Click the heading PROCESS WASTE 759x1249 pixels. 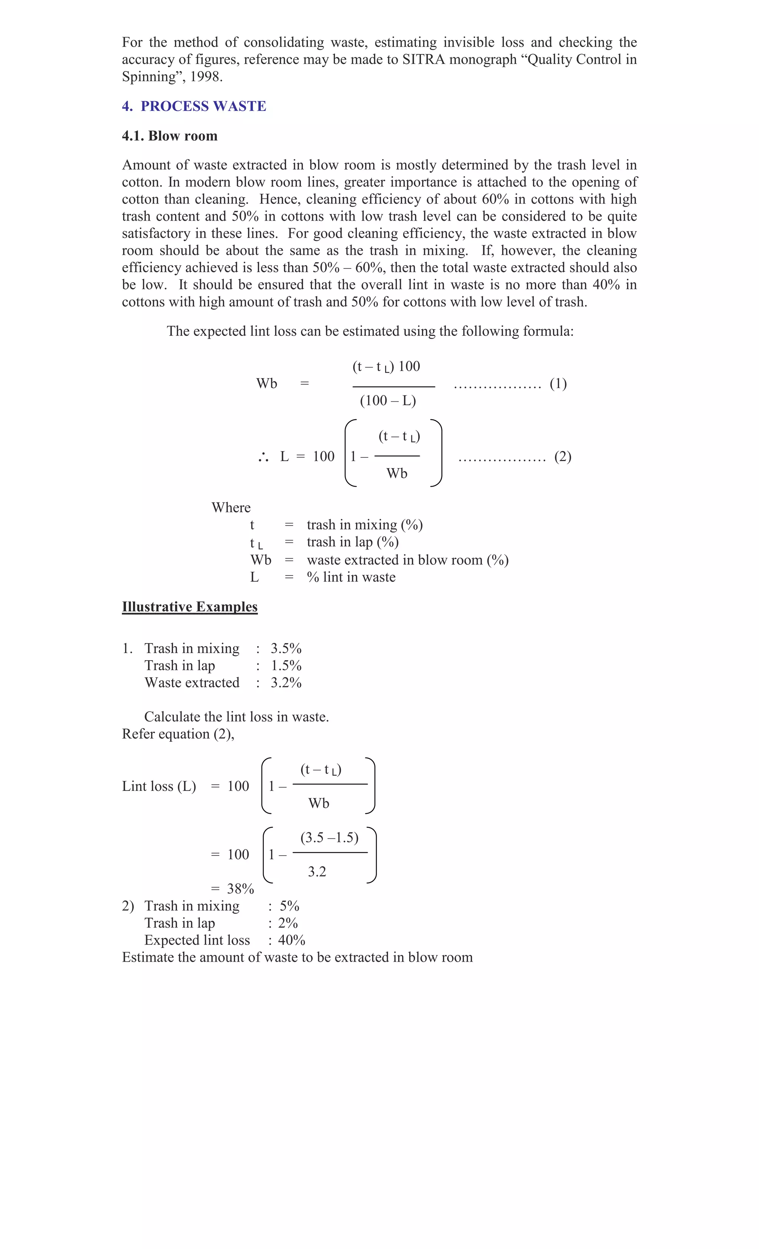coord(203,106)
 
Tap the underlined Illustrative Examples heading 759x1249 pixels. coord(190,607)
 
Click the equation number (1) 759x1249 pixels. coord(558,384)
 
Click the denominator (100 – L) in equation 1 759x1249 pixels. coord(388,401)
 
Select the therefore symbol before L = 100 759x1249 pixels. coord(263,458)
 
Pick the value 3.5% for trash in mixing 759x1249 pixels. coord(286,648)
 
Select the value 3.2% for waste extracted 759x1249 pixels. coord(286,683)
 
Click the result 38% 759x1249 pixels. coord(240,889)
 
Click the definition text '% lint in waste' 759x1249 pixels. coord(351,577)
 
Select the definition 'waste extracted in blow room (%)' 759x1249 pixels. coord(407,560)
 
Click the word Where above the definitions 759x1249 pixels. coord(231,508)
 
